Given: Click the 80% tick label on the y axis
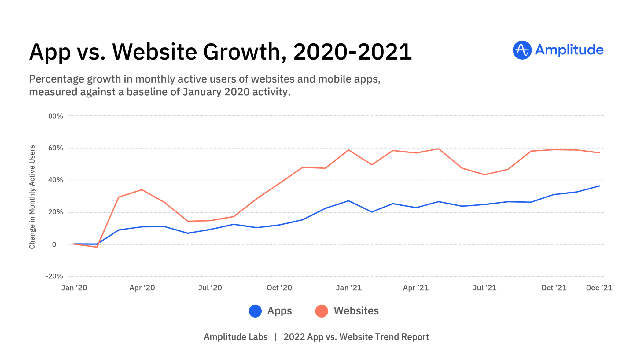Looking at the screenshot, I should pos(55,116).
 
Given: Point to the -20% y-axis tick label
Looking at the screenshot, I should pos(54,276).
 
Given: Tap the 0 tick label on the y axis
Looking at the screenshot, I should pos(54,244).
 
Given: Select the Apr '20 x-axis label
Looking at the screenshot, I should pos(142,288).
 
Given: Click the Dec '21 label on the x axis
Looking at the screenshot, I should pos(599,288).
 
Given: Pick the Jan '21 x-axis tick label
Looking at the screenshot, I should pos(348,288).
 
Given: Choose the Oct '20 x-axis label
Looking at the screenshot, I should pos(279,288).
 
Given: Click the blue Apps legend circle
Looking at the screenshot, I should pos(255,311).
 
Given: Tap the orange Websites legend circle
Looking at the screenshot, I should pos(322,311).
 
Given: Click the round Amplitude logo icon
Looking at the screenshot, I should pos(522,50).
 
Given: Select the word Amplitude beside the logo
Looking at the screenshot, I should pos(569,50).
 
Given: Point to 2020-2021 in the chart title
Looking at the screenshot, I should pos(352,52).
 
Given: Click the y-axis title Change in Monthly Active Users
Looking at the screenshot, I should pos(32,197).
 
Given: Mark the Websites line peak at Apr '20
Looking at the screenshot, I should pos(142,190).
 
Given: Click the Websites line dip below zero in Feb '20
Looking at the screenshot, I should pos(97,247).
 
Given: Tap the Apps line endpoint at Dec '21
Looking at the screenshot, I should pos(599,186).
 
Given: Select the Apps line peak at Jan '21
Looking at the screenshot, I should pos(348,201).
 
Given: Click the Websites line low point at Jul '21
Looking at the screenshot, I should pos(484,175).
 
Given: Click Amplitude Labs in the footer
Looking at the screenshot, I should pos(235,337).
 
